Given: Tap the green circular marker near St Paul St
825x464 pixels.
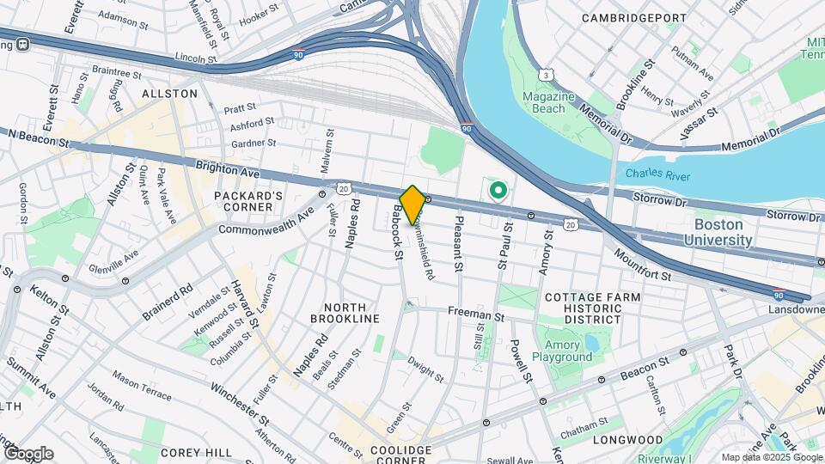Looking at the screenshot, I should tap(496, 190).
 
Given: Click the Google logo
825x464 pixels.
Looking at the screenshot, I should tap(28, 454).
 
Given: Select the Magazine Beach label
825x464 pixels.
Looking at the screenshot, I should tap(549, 102).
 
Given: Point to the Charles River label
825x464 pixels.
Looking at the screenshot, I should tap(659, 173).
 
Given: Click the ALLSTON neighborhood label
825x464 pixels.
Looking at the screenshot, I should tap(170, 93).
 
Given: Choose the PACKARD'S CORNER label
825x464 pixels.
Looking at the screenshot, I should tap(249, 204).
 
